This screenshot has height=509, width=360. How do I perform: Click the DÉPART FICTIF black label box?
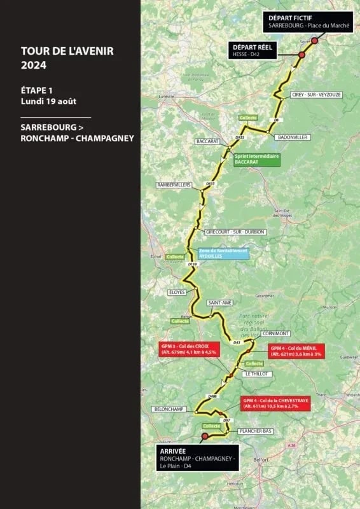point(309,22)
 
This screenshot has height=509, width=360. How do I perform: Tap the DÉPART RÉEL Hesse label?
point(253,51)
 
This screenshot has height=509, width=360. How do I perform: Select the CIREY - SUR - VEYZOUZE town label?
point(316,94)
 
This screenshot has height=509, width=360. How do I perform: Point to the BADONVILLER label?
point(291,137)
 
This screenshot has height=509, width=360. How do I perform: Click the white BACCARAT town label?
point(208,141)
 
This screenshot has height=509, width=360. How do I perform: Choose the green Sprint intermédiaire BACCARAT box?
point(256,159)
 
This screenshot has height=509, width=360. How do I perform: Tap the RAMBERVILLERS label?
point(174,185)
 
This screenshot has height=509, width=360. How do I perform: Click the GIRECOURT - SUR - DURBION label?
point(235,232)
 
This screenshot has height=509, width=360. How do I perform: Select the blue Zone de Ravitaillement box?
point(223,253)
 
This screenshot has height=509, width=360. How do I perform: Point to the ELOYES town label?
point(177,292)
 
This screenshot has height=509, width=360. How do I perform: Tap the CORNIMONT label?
point(275,333)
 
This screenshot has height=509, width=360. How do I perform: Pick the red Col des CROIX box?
point(190,349)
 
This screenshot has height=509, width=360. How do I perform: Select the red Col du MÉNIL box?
point(296,351)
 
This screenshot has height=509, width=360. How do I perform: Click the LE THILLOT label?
point(259,374)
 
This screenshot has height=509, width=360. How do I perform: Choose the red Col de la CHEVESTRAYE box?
point(275,403)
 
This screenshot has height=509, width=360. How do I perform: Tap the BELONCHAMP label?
point(169,409)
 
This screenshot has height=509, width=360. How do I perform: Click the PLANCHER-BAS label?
point(255,431)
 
